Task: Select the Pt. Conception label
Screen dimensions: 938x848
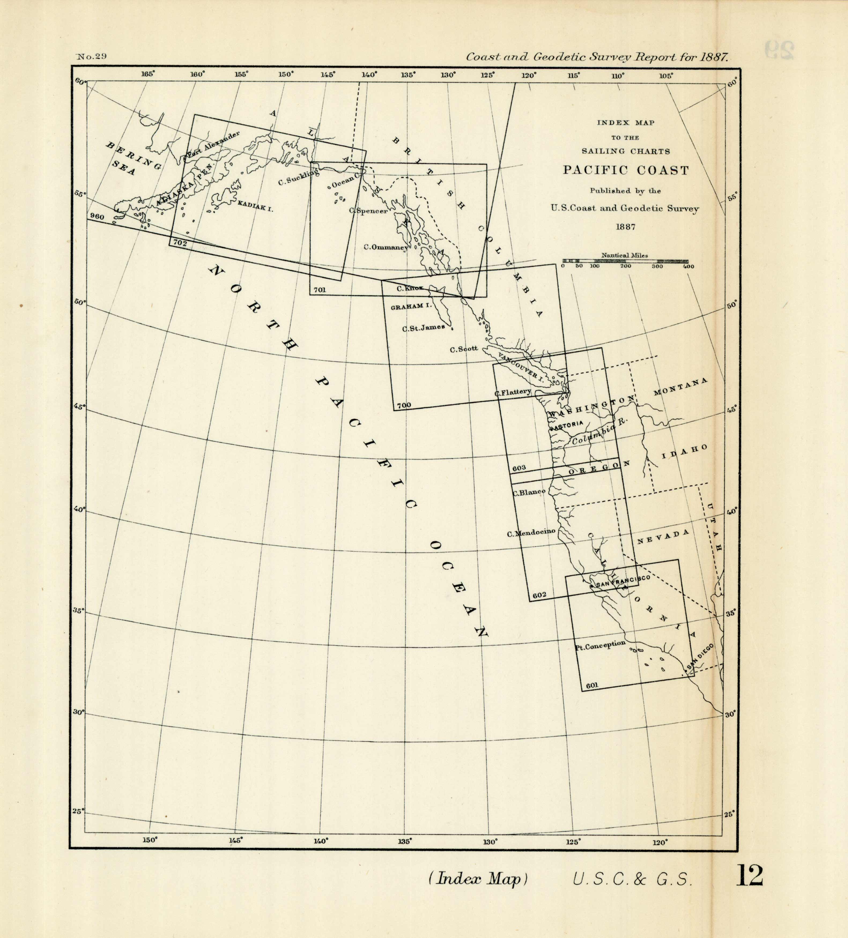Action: [x=600, y=645]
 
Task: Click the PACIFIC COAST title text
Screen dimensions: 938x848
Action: [x=625, y=170]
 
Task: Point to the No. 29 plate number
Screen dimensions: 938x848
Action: [x=92, y=57]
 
